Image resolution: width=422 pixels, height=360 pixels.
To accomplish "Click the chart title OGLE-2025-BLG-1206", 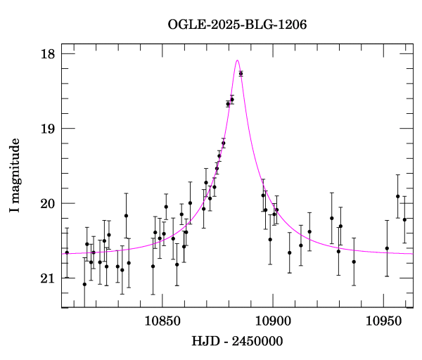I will tap(237, 25).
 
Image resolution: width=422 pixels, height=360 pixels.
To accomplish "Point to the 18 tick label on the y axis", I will tap(48, 54).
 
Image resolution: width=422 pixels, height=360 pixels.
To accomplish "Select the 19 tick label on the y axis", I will tap(48, 129).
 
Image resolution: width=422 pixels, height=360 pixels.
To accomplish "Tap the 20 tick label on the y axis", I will tap(48, 204).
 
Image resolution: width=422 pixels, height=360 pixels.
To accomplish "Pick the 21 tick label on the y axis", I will tap(48, 278).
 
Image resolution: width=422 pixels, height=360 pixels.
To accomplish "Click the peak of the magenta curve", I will tap(238, 60).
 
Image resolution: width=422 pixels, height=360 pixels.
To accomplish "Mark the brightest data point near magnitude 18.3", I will tap(241, 73).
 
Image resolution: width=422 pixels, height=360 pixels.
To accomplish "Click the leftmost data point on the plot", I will tap(67, 252).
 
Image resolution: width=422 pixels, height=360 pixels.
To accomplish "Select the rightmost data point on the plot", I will tap(404, 219).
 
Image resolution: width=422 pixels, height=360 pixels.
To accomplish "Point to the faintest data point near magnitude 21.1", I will tap(84, 284).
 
